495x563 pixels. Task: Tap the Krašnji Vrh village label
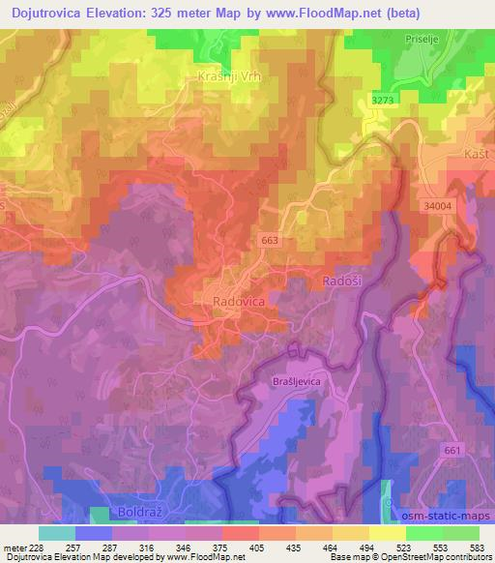[231, 76]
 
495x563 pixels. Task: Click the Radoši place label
[339, 281]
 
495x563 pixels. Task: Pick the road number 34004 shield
[438, 206]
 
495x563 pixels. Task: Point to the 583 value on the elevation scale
[477, 548]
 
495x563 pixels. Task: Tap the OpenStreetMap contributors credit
[444, 557]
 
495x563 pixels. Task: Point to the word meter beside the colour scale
[13, 548]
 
